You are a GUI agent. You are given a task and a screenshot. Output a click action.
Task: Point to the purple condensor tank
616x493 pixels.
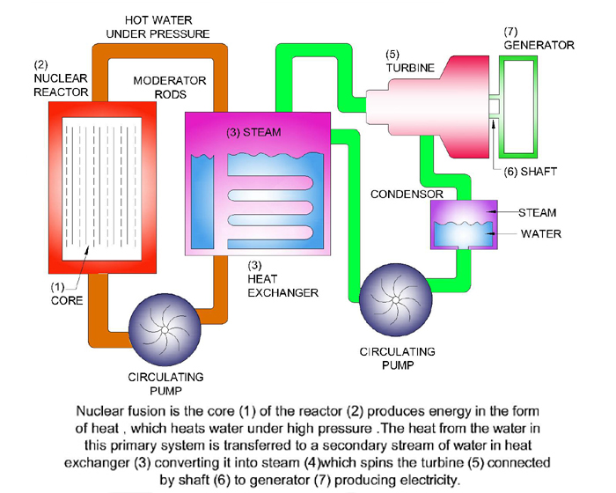point(459,227)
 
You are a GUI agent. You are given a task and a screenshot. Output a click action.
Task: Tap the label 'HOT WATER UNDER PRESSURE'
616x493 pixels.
point(158,26)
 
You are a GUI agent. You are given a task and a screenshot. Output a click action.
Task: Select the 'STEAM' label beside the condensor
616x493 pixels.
point(539,213)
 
